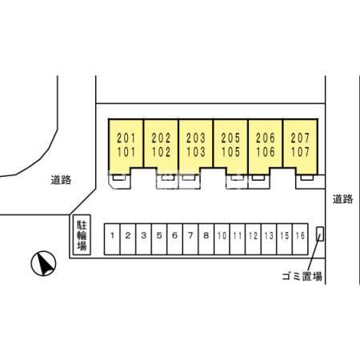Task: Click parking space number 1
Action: click(112, 239)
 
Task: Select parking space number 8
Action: click(206, 239)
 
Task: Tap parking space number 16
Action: click(300, 239)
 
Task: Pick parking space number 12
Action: click(253, 239)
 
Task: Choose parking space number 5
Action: click(159, 239)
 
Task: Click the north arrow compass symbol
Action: click(43, 263)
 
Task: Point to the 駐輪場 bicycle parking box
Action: click(82, 234)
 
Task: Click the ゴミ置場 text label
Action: click(302, 276)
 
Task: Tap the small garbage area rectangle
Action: click(320, 234)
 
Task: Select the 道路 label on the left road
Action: click(61, 180)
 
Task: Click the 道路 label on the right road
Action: click(342, 199)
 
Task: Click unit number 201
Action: click(126, 138)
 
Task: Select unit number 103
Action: click(196, 152)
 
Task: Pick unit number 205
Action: click(230, 138)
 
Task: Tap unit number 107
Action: click(300, 152)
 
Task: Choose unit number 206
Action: click(266, 138)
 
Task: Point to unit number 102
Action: click(161, 152)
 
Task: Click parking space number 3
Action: click(144, 239)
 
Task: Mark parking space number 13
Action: click(269, 239)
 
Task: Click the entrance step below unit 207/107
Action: click(307, 178)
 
